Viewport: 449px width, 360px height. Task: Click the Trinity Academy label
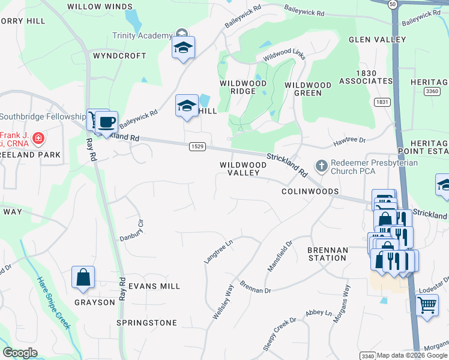(x=143, y=35)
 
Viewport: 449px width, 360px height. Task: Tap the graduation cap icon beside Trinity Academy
(x=183, y=49)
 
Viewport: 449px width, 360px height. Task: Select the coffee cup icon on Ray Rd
(x=106, y=122)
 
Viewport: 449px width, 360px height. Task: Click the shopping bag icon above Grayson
(x=83, y=278)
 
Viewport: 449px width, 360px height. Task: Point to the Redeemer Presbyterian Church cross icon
(x=322, y=165)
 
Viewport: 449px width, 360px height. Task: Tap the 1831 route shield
(x=382, y=102)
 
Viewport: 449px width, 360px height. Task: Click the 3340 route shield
(x=369, y=356)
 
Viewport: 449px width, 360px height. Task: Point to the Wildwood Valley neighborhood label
(x=243, y=169)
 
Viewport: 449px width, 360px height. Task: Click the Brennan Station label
(x=327, y=254)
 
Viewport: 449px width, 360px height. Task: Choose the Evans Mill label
(x=154, y=286)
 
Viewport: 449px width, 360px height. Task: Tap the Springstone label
(x=147, y=323)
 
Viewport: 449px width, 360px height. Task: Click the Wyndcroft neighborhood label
(x=119, y=56)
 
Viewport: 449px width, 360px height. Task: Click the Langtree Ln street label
(x=218, y=251)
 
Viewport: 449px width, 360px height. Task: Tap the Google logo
(x=20, y=353)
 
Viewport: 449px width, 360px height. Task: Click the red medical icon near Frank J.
(x=38, y=139)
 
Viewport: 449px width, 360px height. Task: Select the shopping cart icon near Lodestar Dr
(x=427, y=305)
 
